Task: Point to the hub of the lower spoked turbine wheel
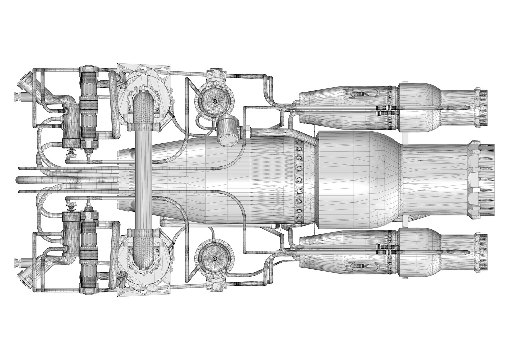214,259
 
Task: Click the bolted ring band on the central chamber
300,180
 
